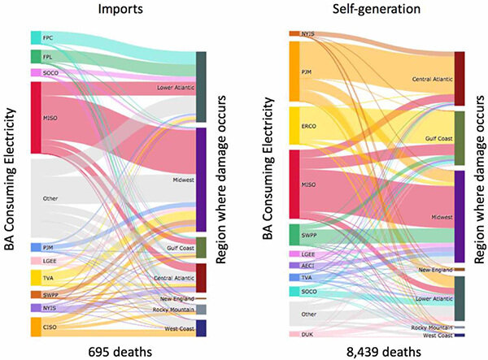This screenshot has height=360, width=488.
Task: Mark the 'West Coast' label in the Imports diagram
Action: click(177, 327)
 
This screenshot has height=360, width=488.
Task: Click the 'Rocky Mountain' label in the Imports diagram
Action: click(172, 310)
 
